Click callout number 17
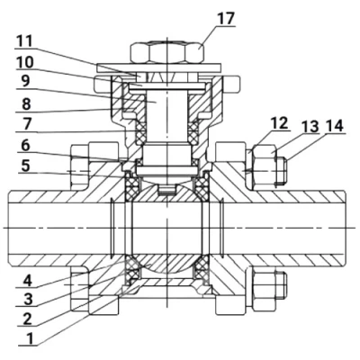pyautogui.click(x=226, y=19)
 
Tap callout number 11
pyautogui.click(x=24, y=41)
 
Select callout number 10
pyautogui.click(x=25, y=63)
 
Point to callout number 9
pyautogui.click(x=25, y=81)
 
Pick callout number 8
pyautogui.click(x=26, y=104)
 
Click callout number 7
pyautogui.click(x=25, y=125)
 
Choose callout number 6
pyautogui.click(x=25, y=146)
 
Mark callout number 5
pyautogui.click(x=25, y=166)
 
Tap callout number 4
pyautogui.click(x=27, y=281)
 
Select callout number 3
pyautogui.click(x=28, y=300)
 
